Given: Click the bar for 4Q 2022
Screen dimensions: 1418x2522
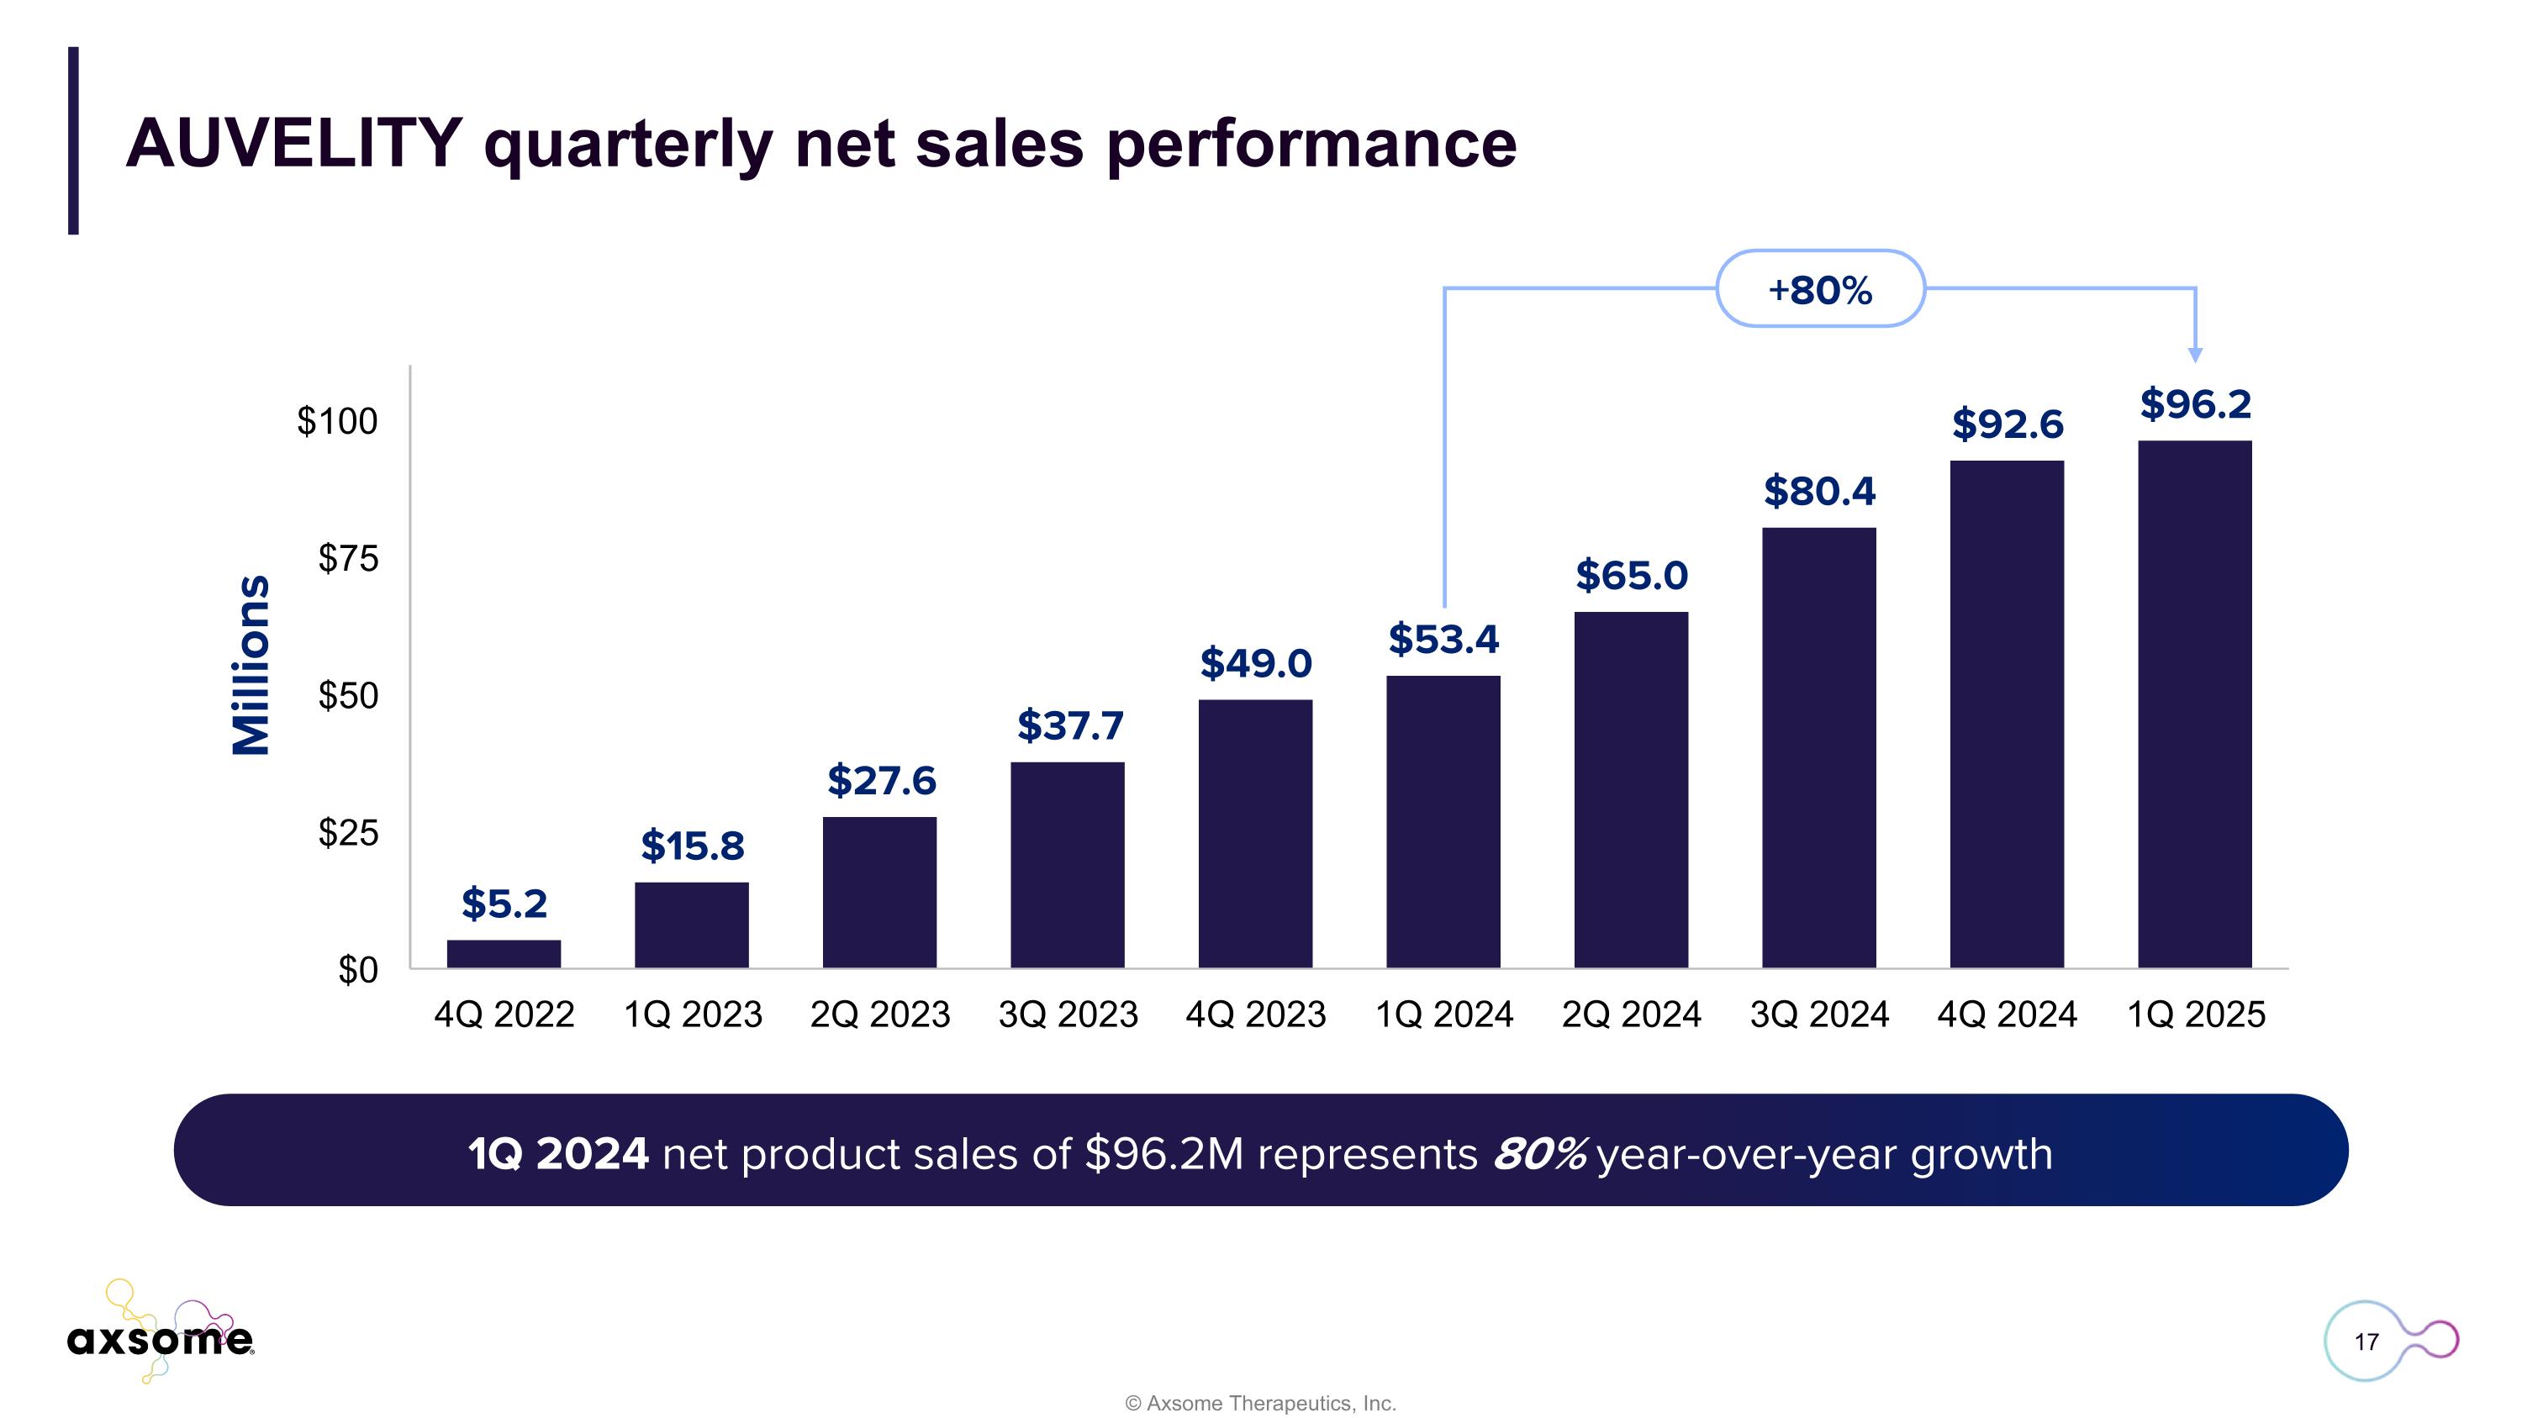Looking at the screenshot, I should pos(504,953).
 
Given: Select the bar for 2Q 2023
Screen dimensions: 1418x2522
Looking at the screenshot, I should pos(879,892).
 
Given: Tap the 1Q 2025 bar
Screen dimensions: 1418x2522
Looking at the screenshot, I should pos(2194,704).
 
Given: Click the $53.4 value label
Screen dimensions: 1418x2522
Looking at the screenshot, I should pos(1443,639).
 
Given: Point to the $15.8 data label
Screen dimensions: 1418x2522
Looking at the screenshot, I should pos(692,846).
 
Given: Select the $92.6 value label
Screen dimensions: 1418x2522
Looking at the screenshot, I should pos(2007,424).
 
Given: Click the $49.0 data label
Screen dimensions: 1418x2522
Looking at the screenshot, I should pos(1255,663).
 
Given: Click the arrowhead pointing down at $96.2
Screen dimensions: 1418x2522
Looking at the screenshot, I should pos(2195,354).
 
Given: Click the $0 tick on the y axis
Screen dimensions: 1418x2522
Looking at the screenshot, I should pos(357,970).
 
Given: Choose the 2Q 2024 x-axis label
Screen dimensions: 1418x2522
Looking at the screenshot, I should pos(1631,1015).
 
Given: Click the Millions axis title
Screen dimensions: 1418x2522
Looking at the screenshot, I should pos(251,665).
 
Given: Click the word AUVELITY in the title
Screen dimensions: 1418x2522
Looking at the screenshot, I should pos(293,144).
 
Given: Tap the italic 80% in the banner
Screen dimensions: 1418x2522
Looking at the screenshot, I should pos(1538,1154).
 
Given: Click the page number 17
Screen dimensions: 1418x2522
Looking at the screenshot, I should pos(2366,1342).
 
